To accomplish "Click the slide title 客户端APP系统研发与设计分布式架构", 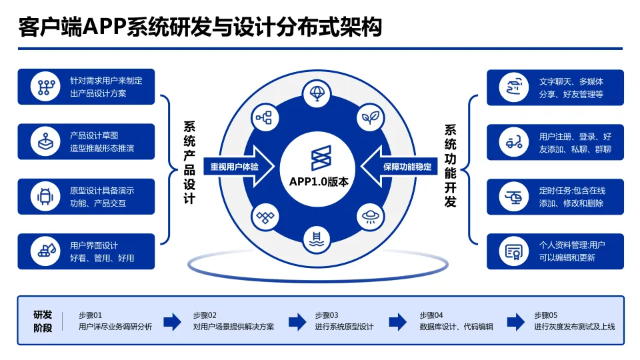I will [201, 28].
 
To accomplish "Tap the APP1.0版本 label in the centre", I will [319, 181].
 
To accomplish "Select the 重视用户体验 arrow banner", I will [235, 167].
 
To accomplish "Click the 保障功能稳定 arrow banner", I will [405, 167].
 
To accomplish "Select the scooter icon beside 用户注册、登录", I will [513, 142].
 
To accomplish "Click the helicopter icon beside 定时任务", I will [513, 197].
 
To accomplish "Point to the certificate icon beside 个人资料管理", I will [513, 251].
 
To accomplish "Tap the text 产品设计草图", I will [93, 136].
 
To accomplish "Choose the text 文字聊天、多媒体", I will [571, 82].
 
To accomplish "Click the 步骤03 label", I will [327, 315].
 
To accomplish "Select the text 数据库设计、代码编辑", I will [456, 327].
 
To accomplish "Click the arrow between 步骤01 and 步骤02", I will [172, 321].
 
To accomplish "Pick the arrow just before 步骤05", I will [515, 321].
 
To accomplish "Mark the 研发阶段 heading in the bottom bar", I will [43, 321].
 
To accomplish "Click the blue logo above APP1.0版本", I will [320, 159].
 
